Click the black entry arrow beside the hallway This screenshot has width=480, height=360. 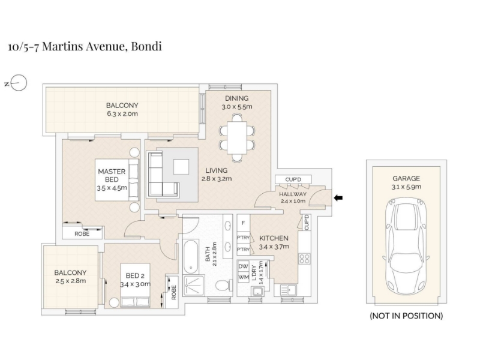338,198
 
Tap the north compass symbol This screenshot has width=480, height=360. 16,83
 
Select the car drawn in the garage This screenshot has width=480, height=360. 406,246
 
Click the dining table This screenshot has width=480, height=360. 236,138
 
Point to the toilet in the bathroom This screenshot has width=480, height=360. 224,286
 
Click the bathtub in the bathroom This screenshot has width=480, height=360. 191,256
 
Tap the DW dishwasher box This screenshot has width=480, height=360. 244,266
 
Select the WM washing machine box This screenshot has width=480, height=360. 244,277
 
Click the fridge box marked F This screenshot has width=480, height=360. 244,223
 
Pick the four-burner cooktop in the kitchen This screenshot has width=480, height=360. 304,259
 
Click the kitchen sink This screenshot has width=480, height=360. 288,290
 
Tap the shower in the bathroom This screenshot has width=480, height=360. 193,286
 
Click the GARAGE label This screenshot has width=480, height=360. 406,178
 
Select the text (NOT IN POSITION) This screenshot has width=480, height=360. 406,316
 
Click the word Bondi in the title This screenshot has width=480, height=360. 146,46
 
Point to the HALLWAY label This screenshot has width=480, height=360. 293,194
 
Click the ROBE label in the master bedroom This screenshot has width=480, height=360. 82,234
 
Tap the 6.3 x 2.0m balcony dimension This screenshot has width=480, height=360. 122,114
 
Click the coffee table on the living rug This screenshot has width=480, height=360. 181,167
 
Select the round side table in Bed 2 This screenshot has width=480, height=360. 114,303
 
